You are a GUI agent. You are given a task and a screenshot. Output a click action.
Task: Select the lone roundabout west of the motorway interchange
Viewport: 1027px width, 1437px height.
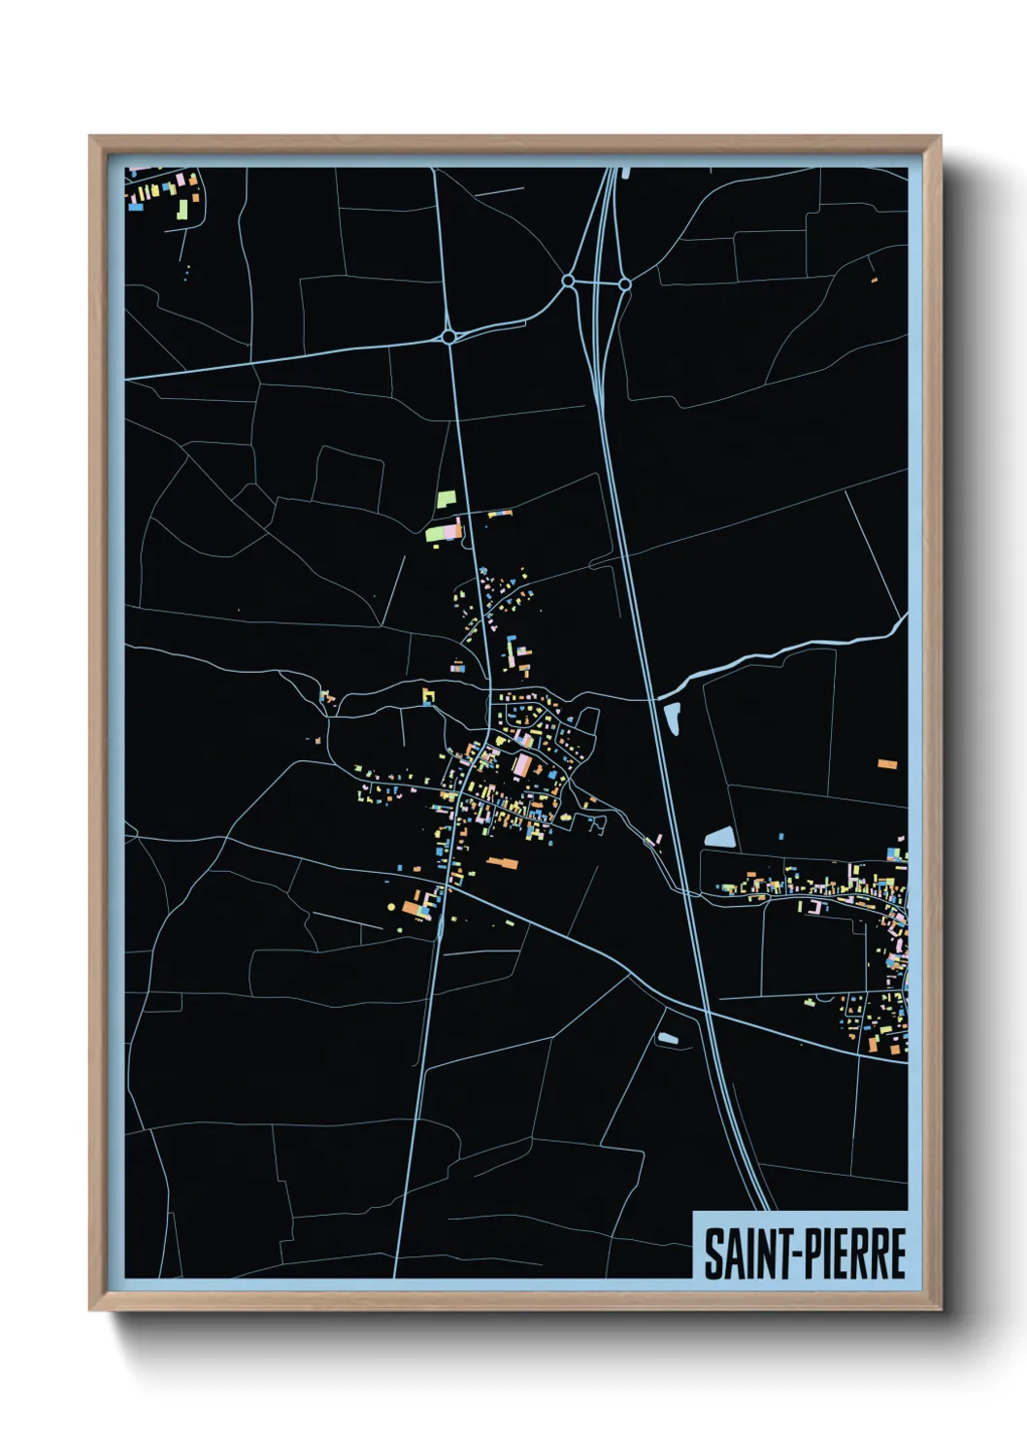click(x=448, y=337)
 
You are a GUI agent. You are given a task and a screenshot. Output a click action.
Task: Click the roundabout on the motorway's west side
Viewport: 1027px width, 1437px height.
click(x=568, y=282)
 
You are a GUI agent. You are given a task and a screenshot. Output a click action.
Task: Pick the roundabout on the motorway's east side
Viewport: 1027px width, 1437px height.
click(x=624, y=284)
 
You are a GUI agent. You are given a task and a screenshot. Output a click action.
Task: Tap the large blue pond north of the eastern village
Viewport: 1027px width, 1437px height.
click(x=719, y=837)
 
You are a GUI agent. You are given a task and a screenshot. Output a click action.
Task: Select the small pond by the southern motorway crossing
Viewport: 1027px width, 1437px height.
click(x=668, y=1038)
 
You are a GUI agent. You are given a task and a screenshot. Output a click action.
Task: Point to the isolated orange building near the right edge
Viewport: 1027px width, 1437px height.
click(x=887, y=765)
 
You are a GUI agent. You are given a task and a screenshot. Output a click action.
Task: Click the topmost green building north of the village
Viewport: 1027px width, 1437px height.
click(x=446, y=499)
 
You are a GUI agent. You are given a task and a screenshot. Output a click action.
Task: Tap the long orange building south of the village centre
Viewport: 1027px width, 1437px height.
click(x=502, y=861)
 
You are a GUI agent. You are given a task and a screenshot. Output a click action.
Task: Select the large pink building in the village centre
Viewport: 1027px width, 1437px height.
click(x=522, y=766)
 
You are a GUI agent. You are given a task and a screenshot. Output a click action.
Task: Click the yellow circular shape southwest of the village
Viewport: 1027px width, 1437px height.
click(x=391, y=907)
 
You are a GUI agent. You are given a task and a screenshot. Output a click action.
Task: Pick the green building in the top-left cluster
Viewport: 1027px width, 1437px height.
click(x=182, y=210)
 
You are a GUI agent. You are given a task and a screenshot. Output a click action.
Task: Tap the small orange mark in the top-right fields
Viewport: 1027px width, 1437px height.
click(x=874, y=280)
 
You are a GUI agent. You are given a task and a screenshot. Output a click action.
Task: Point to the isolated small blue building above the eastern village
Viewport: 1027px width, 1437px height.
click(x=781, y=836)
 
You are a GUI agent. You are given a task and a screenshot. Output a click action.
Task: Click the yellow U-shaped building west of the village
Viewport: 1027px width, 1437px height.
click(x=427, y=695)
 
